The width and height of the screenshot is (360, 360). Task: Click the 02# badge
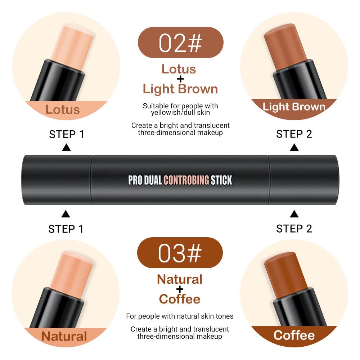point(180,42)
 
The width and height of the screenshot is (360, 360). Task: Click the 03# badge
point(180,253)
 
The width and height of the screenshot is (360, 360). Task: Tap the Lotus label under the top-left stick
point(62,110)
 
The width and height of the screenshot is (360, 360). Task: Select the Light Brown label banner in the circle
point(294,107)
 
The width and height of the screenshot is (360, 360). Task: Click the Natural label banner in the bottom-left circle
point(64,336)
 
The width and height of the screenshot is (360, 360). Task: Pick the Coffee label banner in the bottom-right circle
point(294,335)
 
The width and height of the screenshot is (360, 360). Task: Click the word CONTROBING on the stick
point(186,180)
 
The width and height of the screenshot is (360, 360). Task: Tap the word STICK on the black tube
point(221,180)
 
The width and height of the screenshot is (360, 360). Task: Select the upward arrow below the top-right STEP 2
point(294,147)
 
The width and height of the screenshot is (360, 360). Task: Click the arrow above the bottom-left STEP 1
point(66,214)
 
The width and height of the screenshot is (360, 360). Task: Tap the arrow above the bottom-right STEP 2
point(294,214)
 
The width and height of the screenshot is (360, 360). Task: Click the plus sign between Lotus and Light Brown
point(180,78)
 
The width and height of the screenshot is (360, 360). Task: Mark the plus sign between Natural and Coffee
point(180,289)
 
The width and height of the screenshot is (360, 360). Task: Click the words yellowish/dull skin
point(180,113)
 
